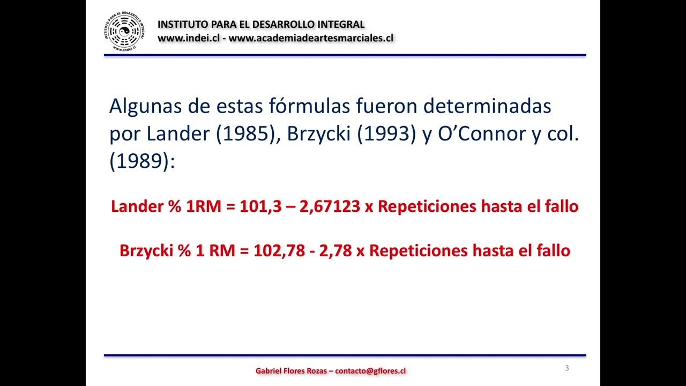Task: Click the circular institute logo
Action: tap(124, 32)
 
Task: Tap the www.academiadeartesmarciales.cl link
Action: tap(311, 38)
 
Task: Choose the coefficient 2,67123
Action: tap(330, 207)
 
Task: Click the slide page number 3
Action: tap(567, 368)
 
